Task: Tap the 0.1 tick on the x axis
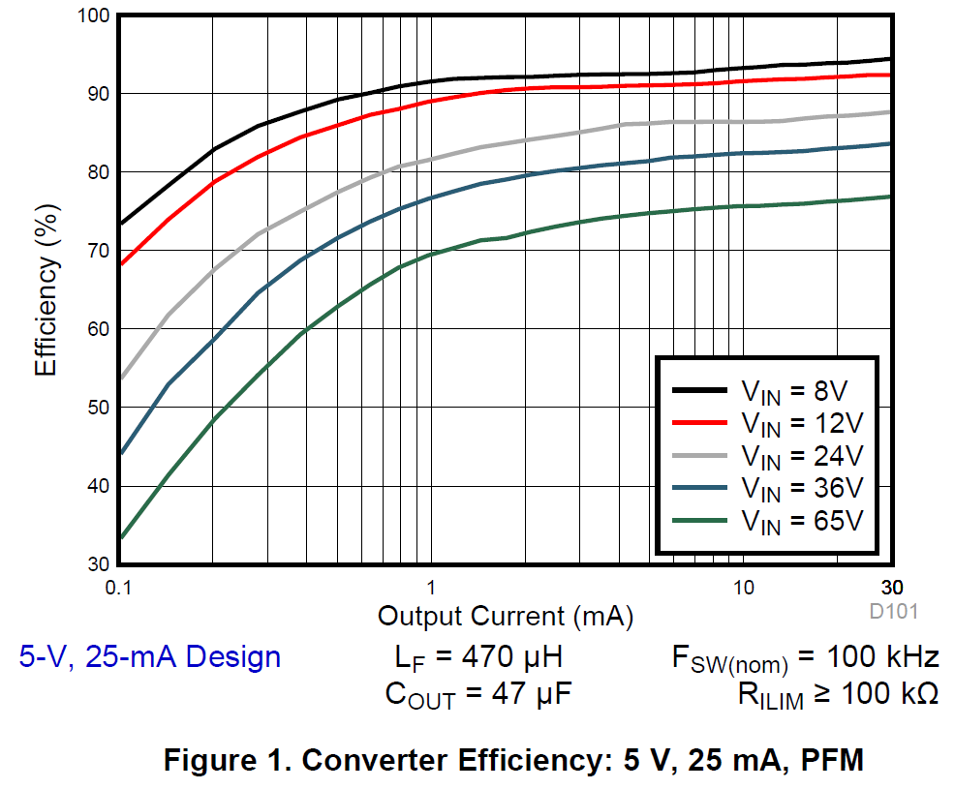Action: (118, 588)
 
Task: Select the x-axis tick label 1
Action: (431, 588)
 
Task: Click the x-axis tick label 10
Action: (743, 588)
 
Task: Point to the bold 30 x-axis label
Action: (891, 588)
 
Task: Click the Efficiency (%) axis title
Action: (47, 290)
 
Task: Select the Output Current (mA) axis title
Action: (506, 616)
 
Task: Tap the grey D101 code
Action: (892, 612)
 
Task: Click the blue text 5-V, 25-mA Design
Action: (150, 657)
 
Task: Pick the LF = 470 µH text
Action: (478, 658)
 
